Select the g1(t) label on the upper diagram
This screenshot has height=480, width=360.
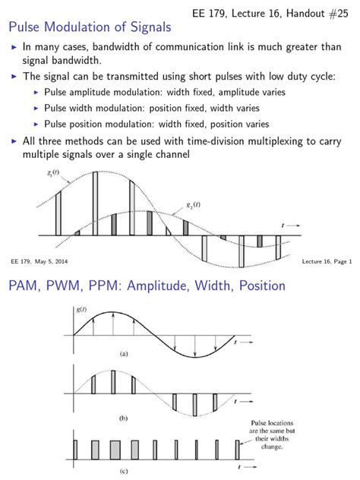click(52, 174)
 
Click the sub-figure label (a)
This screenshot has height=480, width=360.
click(124, 353)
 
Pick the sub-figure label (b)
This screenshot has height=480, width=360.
click(124, 418)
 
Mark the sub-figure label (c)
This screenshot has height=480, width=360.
click(124, 472)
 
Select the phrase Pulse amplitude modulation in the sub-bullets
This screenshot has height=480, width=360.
click(90, 91)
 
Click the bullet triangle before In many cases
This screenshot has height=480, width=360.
click(13, 47)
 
